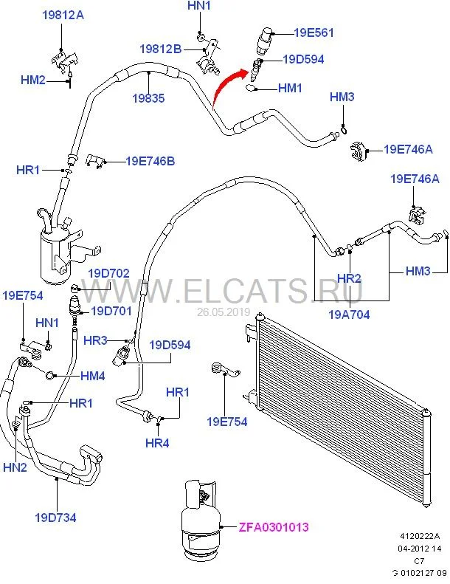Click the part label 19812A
click(x=63, y=15)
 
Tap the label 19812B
click(x=160, y=49)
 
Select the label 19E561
click(x=314, y=32)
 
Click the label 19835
click(x=148, y=98)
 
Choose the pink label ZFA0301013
click(x=273, y=527)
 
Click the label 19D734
click(x=55, y=517)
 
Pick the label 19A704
click(x=350, y=314)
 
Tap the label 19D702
click(x=109, y=273)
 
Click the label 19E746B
click(x=150, y=160)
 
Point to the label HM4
click(x=92, y=376)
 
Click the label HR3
click(x=95, y=340)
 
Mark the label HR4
click(x=157, y=443)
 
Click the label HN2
click(x=15, y=467)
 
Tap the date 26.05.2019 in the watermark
click(x=224, y=312)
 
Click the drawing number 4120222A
click(x=420, y=536)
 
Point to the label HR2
click(x=348, y=278)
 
